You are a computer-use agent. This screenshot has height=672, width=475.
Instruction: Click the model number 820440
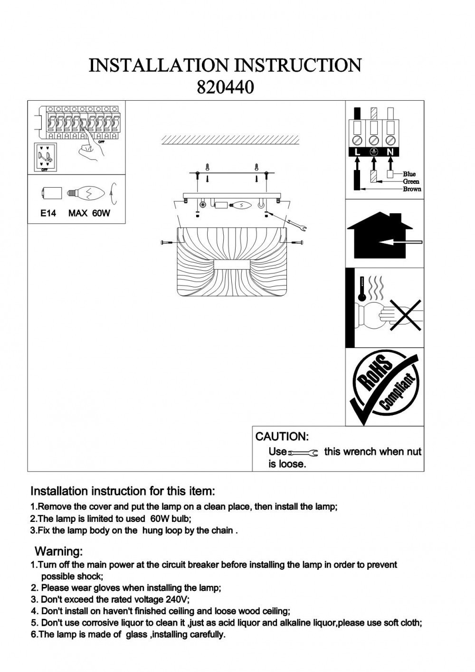tap(225, 87)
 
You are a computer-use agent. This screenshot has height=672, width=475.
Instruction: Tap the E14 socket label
tap(48, 213)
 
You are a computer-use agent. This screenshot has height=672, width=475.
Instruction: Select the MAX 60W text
tap(89, 213)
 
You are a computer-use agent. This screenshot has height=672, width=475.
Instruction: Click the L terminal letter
tap(357, 152)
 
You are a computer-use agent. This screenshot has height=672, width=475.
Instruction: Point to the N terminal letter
tap(390, 152)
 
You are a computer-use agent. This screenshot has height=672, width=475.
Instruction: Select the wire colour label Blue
tap(409, 174)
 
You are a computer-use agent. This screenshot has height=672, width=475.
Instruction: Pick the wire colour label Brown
tap(412, 189)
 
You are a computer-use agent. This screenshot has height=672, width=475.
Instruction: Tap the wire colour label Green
tap(411, 181)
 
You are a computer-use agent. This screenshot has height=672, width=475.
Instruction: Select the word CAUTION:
tap(282, 436)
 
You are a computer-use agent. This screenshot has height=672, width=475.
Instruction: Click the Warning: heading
tap(59, 551)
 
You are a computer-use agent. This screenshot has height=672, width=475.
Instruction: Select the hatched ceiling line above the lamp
tap(230, 140)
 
